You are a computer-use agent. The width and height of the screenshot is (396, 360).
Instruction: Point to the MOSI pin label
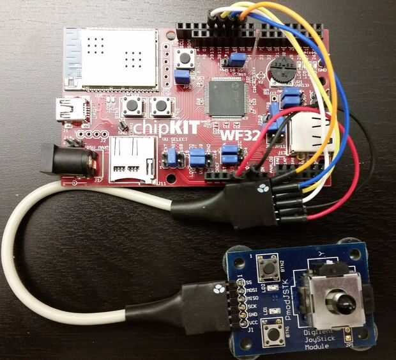pos(250,288)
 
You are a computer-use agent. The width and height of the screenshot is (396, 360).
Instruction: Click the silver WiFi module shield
pos(110,58)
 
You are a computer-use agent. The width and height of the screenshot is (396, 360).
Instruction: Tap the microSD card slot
pos(133,160)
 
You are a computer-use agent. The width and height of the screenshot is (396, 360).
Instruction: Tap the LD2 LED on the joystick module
pos(273,290)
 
